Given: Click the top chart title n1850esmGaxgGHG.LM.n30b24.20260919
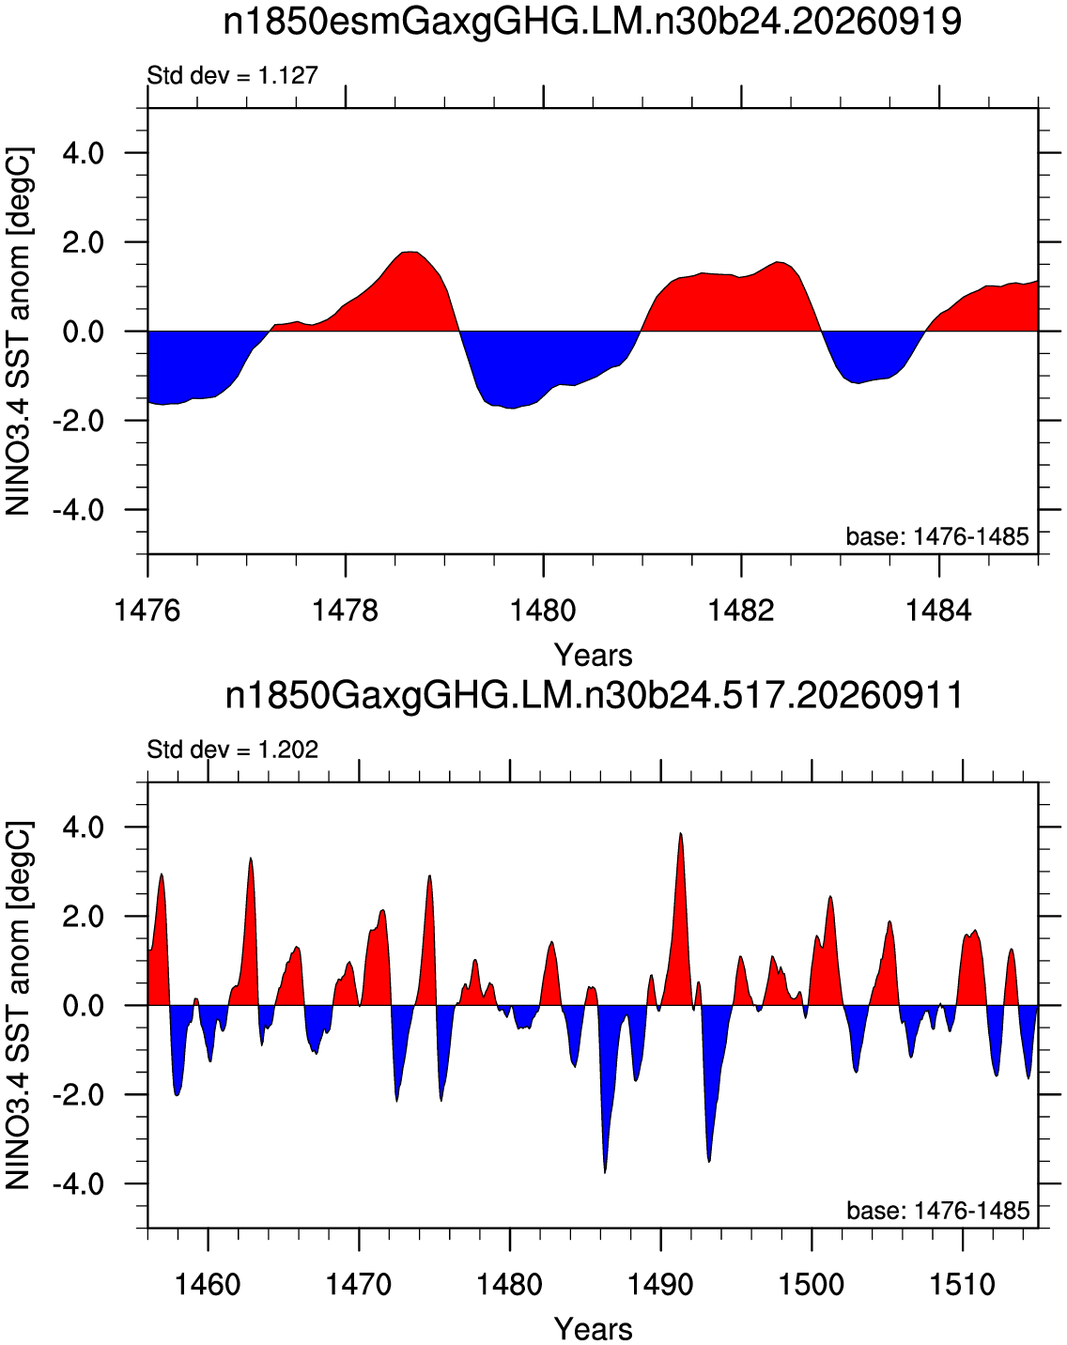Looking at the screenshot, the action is coord(592,23).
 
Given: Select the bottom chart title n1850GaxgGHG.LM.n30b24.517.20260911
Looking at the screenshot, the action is coord(594,696).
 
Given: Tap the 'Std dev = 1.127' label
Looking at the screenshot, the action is coord(233,76).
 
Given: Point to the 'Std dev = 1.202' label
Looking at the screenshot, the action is coord(233,749).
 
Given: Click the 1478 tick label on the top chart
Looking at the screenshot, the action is coord(345,610).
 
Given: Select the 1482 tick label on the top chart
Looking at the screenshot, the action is coord(741,610).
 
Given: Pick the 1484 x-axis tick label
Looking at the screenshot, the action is coord(938,610).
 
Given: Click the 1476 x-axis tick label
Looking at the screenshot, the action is coord(147,610).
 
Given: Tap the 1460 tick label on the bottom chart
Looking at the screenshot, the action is coord(209,1282).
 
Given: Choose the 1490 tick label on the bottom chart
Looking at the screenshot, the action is coord(660,1282).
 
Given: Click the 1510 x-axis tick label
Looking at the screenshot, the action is coord(962,1282).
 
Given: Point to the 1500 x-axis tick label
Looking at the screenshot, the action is coord(812,1282).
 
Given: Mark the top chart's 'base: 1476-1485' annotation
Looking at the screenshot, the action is coord(937,536).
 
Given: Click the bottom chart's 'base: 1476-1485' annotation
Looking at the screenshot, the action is coord(937,1210).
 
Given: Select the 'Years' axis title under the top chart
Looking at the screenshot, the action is coord(594,656).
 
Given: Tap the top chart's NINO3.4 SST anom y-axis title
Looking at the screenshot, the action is coord(18,332).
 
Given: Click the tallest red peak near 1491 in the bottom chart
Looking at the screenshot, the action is coord(681,834).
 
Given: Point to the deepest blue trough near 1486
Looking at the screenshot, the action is coord(605,1172).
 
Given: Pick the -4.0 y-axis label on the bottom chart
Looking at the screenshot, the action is coord(78,1183).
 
